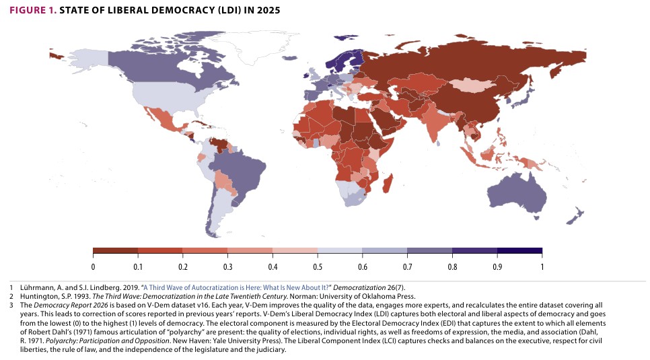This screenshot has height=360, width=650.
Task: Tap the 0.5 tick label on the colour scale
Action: (x=318, y=266)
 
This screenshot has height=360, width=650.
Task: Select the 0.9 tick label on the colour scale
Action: (x=497, y=266)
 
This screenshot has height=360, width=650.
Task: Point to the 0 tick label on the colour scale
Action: (x=93, y=266)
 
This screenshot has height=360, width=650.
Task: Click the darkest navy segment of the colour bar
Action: (x=519, y=251)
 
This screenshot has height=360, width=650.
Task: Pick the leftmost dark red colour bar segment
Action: (x=115, y=251)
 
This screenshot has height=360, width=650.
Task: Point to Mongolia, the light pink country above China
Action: (x=470, y=86)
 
